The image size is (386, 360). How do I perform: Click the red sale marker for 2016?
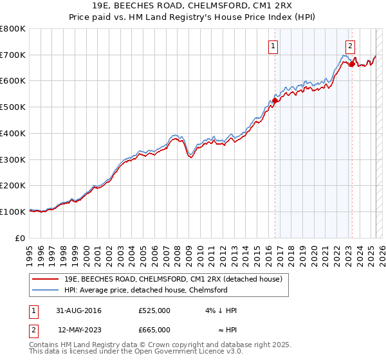click(275, 100)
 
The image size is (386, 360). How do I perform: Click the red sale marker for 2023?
click(351, 64)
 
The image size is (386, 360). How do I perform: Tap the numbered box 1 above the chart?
click(274, 46)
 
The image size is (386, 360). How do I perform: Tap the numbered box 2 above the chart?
click(351, 46)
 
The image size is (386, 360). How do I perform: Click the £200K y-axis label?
click(13, 185)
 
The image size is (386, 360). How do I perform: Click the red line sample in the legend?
click(46, 280)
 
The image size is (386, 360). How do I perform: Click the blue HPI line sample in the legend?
click(46, 290)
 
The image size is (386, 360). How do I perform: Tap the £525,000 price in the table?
click(154, 310)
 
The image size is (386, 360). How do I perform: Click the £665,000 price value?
click(154, 329)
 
